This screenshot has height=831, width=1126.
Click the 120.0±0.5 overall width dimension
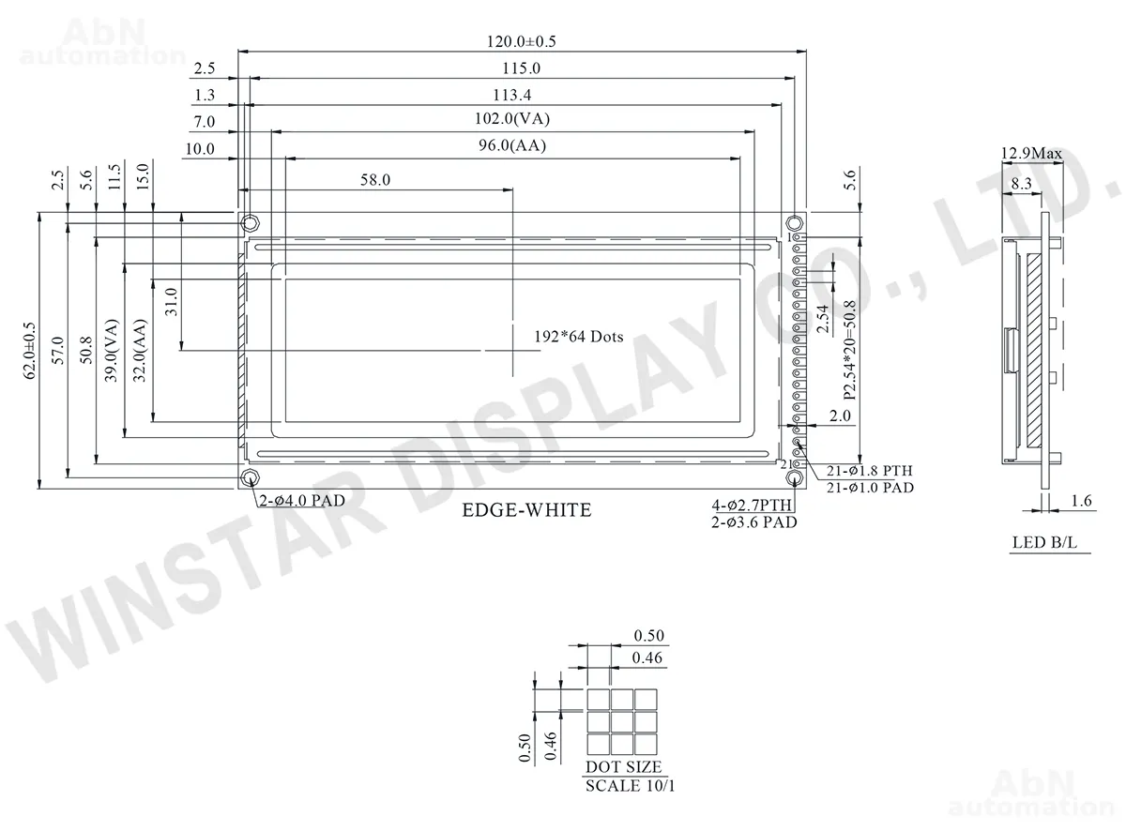point(522,41)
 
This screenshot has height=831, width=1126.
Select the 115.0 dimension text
point(522,68)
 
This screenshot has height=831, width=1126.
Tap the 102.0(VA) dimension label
point(512,119)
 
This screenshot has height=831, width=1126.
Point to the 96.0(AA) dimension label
point(512,145)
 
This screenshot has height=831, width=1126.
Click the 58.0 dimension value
point(375,180)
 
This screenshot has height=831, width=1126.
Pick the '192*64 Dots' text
point(579,337)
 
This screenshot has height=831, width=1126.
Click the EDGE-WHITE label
point(526,509)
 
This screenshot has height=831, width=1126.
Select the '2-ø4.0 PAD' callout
point(302,501)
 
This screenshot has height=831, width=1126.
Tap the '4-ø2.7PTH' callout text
point(752,505)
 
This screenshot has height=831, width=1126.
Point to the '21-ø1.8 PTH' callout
point(869,471)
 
